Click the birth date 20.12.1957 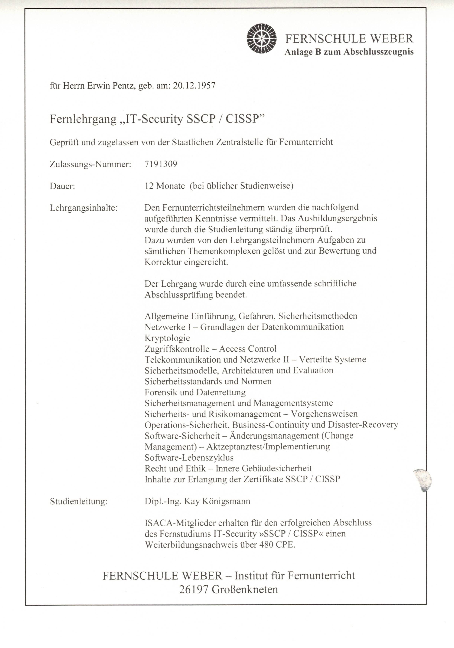194,86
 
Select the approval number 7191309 161,164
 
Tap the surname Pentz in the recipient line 121,86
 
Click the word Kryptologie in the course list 167,338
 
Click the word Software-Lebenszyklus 189,458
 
